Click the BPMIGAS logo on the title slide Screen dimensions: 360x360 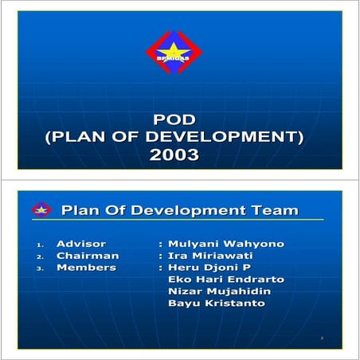pyautogui.click(x=174, y=53)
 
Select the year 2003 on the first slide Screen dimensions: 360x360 pyautogui.click(x=174, y=155)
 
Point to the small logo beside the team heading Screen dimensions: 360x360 pyautogui.click(x=41, y=210)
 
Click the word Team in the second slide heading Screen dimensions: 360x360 pyautogui.click(x=272, y=210)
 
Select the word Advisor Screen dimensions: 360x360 pyautogui.click(x=80, y=244)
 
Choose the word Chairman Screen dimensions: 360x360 pyautogui.click(x=88, y=256)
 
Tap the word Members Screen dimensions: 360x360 pyautogui.click(x=86, y=268)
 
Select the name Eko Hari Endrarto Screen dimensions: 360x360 pyautogui.click(x=226, y=280)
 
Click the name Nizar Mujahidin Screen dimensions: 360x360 pyautogui.click(x=219, y=292)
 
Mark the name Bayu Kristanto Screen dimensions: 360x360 pyautogui.click(x=216, y=303)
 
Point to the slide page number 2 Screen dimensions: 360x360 pyautogui.click(x=322, y=339)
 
